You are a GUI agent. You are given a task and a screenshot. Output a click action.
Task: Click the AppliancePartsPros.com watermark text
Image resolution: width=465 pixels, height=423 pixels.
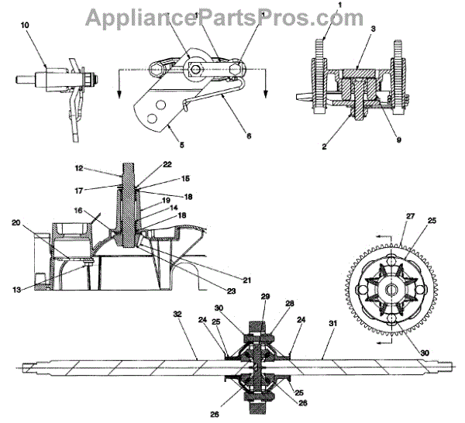pos(224,17)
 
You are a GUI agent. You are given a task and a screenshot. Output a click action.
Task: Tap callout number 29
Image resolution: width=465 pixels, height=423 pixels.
pos(263,297)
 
